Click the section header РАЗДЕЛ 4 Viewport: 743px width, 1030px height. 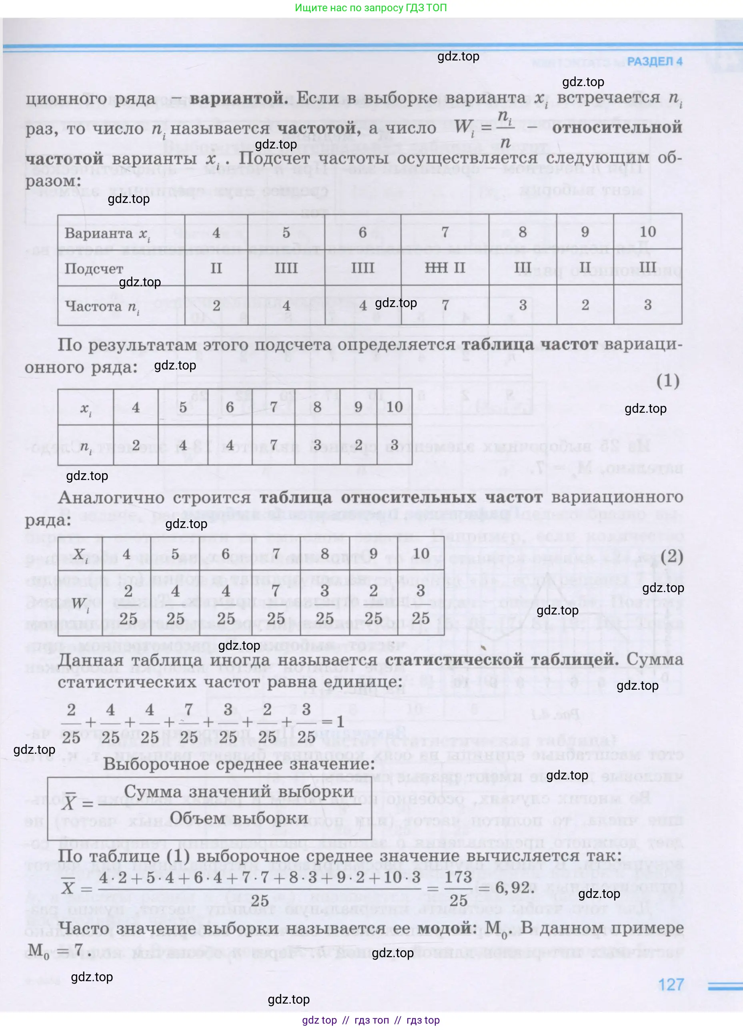655,61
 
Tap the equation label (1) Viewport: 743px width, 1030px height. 668,381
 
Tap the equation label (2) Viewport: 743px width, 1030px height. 672,556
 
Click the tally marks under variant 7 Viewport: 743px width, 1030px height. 445,267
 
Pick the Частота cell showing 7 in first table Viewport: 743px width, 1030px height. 445,305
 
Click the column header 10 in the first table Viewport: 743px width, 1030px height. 647,232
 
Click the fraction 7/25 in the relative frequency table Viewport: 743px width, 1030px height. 276,604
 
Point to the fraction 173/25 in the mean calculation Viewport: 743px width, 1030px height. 459,887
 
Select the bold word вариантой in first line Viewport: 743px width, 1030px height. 239,98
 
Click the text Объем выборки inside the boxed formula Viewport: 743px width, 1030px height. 239,818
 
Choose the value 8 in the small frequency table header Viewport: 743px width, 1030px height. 317,407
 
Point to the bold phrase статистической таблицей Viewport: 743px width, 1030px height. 502,659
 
